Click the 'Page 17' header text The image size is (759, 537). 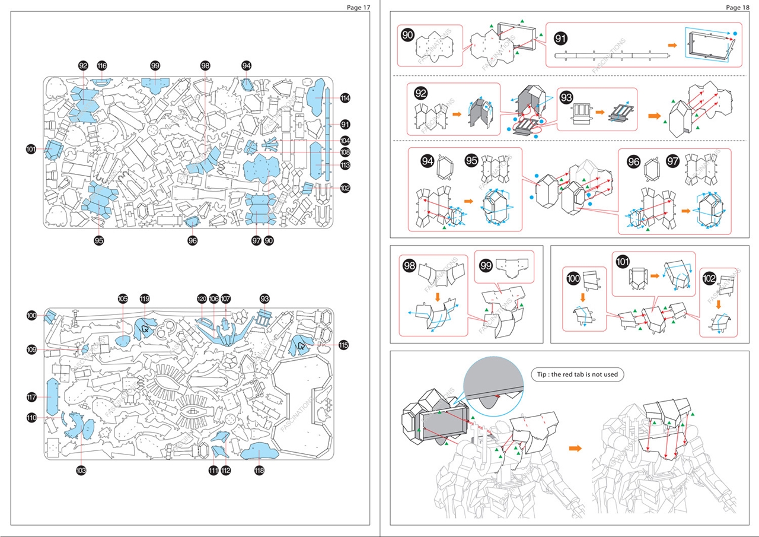(358, 7)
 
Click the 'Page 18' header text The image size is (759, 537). (737, 7)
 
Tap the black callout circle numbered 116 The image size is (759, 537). (102, 66)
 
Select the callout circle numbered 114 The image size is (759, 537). (345, 98)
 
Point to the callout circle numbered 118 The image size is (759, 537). (259, 471)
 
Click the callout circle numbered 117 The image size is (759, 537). (31, 397)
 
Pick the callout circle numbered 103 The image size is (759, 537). (81, 471)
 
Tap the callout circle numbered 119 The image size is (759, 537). (145, 299)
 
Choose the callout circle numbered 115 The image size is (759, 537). (343, 345)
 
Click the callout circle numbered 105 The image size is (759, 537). (123, 299)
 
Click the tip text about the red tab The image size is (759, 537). (577, 374)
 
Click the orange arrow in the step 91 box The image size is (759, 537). (672, 45)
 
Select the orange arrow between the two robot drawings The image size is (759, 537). (575, 449)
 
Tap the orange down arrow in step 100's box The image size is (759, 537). (583, 297)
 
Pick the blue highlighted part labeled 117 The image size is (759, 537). (52, 397)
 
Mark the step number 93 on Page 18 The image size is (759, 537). (566, 97)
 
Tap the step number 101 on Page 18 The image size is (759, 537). (623, 262)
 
